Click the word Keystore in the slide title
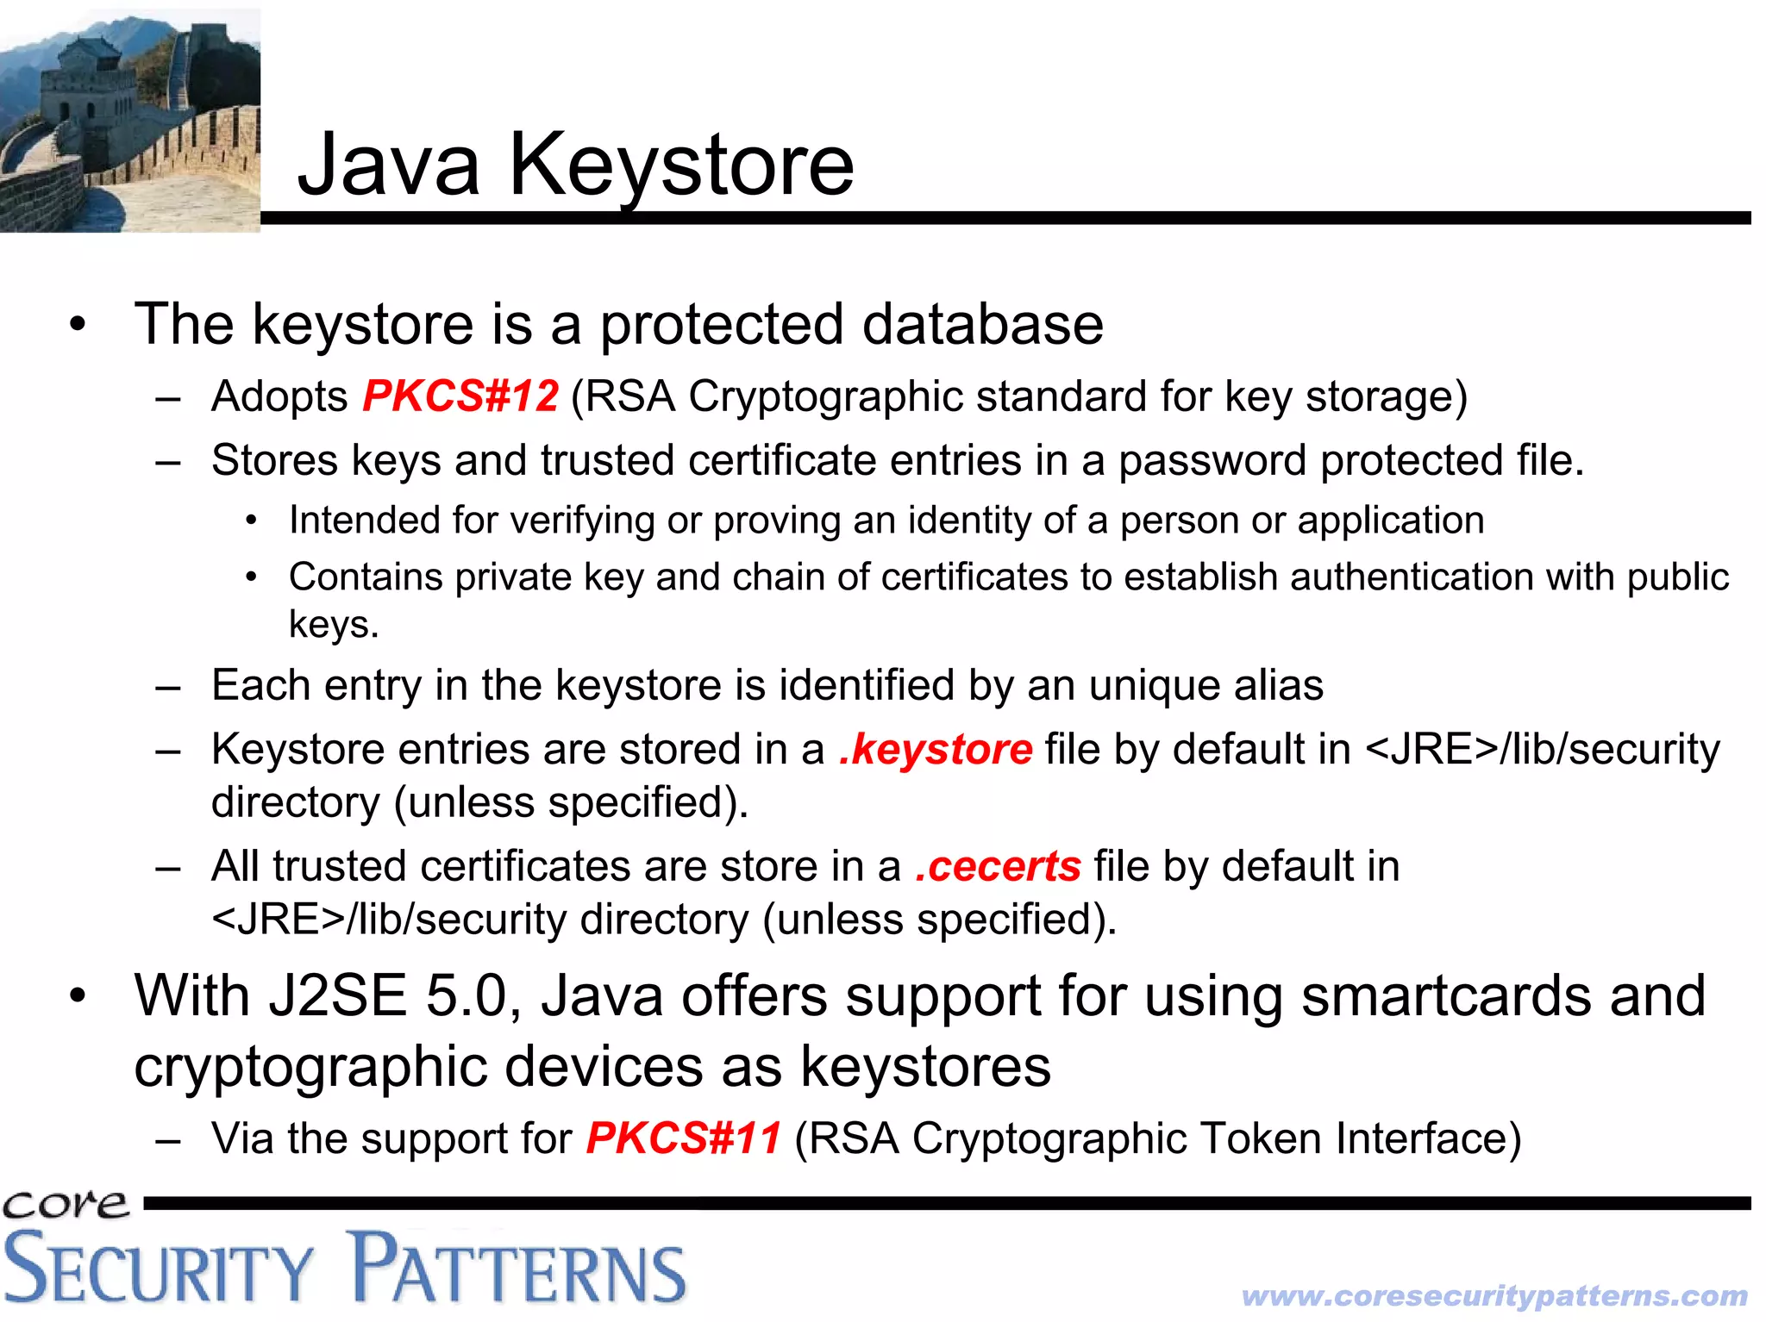click(681, 165)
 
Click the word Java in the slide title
click(388, 165)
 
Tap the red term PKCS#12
click(460, 396)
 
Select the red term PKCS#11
click(684, 1138)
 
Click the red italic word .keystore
click(936, 749)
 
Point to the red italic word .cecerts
click(999, 866)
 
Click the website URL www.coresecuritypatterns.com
click(1494, 1295)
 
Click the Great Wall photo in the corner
click(129, 121)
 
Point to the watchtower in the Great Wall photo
click(86, 82)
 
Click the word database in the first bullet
click(982, 325)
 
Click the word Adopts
click(279, 397)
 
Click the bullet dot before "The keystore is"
click(78, 326)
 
